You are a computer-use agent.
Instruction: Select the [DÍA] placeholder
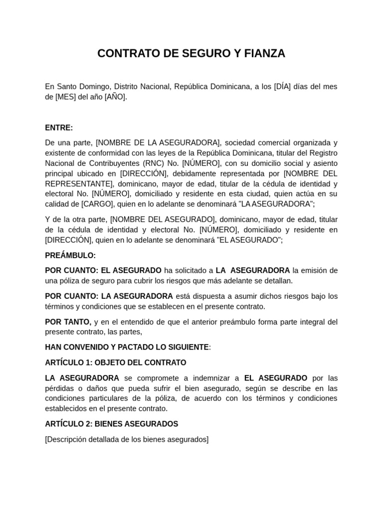(x=283, y=87)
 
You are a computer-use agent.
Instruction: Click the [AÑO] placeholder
(x=115, y=97)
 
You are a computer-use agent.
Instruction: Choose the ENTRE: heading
(x=59, y=127)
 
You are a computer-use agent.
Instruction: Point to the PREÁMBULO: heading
(x=70, y=255)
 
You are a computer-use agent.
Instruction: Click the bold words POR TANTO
(x=68, y=322)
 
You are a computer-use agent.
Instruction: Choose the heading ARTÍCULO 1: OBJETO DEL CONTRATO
(x=116, y=363)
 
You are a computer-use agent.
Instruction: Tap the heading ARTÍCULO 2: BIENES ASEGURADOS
(x=111, y=424)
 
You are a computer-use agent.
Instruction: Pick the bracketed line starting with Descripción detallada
(x=127, y=439)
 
